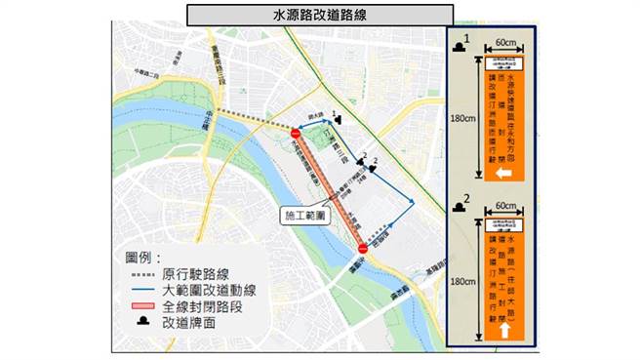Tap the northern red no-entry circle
point(297,134)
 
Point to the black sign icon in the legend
point(142,322)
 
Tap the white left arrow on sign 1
point(505,174)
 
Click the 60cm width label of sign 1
point(505,44)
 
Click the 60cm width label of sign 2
point(505,207)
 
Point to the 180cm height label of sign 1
point(462,121)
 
